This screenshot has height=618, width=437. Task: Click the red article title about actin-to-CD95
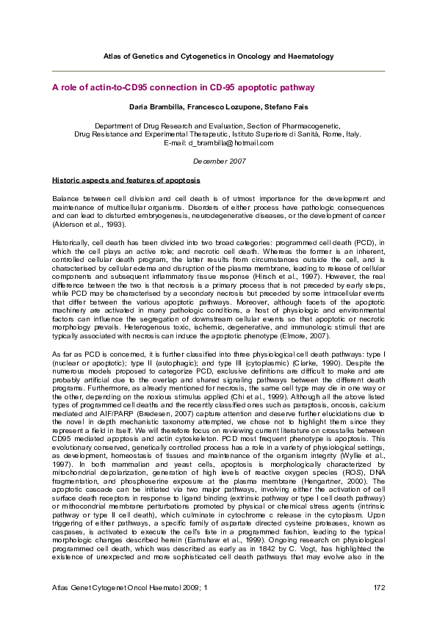click(x=183, y=87)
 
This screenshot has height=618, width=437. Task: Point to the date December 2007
click(x=219, y=160)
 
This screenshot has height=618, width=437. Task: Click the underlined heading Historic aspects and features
click(x=126, y=180)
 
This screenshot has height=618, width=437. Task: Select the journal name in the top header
click(x=219, y=56)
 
